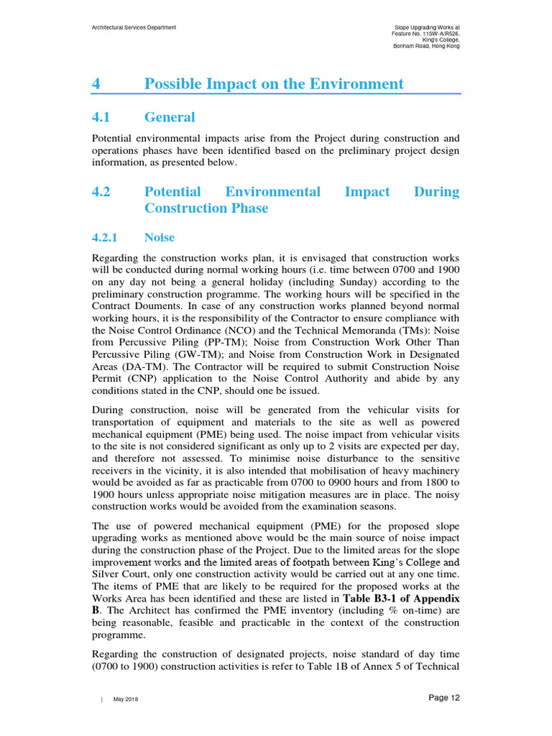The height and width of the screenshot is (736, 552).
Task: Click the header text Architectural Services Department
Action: click(134, 27)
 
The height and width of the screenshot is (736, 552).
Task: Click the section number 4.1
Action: click(103, 117)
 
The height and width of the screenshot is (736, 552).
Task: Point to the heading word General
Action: click(170, 117)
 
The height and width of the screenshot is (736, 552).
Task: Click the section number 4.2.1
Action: click(109, 237)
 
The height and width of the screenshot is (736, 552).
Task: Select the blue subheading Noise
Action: click(159, 237)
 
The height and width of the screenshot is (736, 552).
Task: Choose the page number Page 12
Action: click(443, 698)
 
